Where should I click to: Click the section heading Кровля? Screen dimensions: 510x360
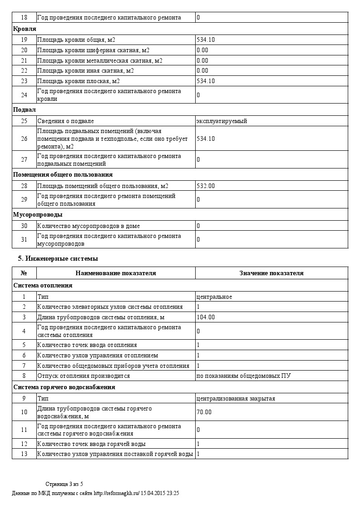point(25,29)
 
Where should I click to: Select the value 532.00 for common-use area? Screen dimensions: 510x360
point(206,186)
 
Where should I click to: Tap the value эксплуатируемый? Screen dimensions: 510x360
point(222,121)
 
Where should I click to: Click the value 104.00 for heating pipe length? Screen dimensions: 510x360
point(206,317)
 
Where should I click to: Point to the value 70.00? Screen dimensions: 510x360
point(204,412)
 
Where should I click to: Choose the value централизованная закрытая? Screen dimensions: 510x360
point(235,398)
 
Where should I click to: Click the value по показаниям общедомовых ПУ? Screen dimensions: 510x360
point(243,376)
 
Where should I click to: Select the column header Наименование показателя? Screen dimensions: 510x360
point(116,273)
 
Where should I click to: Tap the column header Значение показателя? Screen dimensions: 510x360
point(271,273)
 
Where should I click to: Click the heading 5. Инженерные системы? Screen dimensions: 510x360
point(58,258)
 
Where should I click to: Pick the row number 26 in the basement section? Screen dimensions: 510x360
point(24,139)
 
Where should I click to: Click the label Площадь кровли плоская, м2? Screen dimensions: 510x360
point(78,81)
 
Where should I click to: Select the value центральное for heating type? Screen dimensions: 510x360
point(214,297)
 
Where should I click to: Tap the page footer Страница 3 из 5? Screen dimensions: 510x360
point(64,484)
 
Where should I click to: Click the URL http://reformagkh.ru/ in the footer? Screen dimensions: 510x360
point(116,493)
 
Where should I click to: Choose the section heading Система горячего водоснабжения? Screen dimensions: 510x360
point(64,387)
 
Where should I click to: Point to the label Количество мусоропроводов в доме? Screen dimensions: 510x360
point(88,226)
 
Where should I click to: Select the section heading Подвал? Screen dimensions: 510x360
point(25,109)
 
